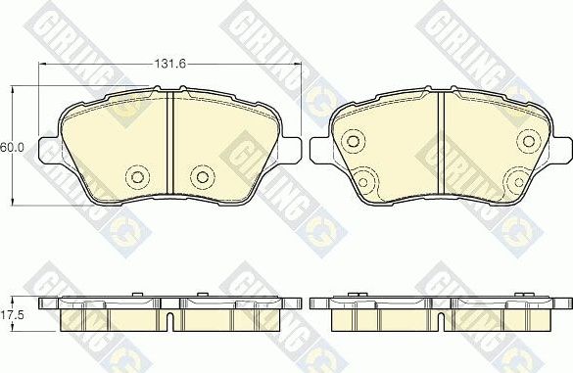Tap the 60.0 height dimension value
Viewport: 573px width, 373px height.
(11, 147)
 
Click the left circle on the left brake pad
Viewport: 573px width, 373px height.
(137, 176)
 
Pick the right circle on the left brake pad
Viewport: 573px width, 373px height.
(203, 176)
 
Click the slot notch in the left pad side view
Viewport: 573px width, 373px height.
(171, 321)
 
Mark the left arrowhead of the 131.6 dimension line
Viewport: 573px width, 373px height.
(42, 64)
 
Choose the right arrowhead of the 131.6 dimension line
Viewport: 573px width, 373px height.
(298, 64)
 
